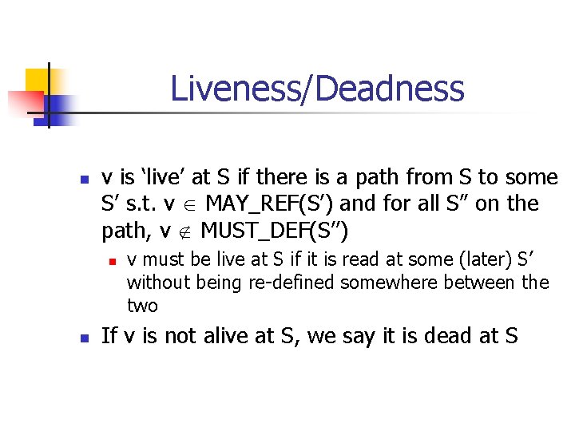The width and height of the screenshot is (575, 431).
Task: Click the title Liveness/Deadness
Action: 317,89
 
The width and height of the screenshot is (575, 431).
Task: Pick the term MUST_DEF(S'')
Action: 275,231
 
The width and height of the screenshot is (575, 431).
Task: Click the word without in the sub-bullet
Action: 156,283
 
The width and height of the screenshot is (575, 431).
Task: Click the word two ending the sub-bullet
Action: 142,306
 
